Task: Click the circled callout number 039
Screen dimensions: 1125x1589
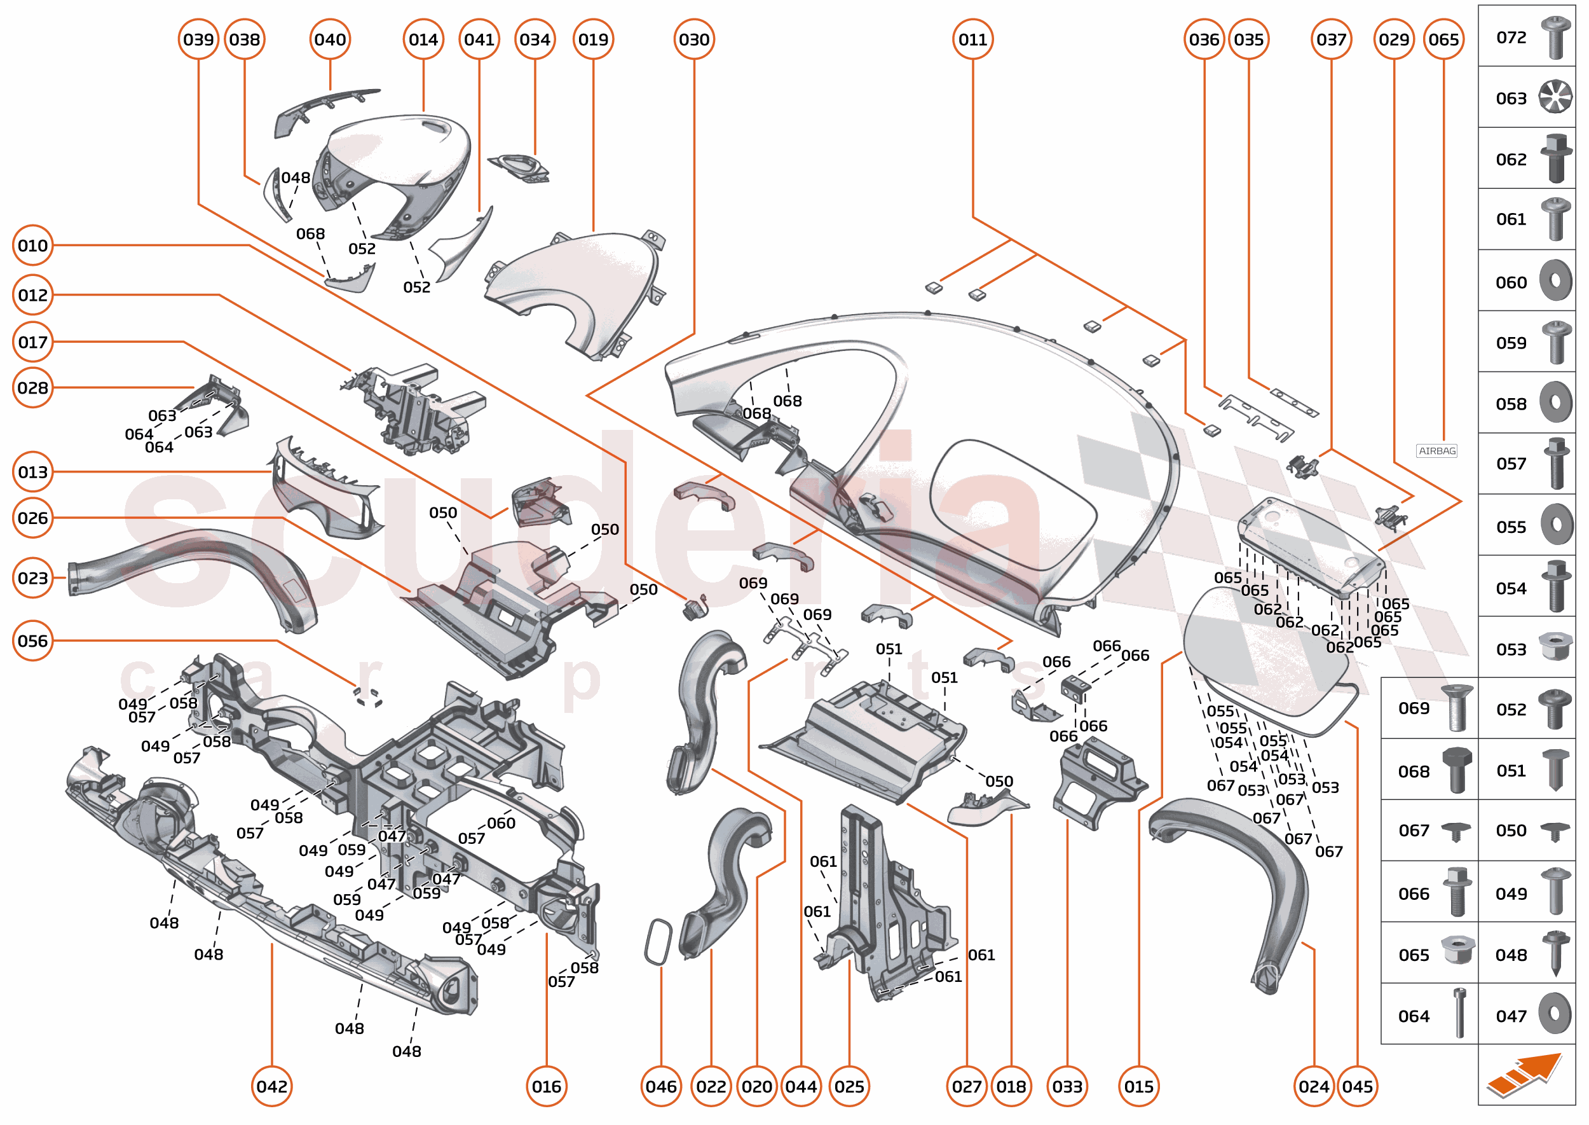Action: [199, 39]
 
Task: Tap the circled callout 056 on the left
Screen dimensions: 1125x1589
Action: [32, 641]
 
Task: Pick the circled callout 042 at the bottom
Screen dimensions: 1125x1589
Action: [271, 1086]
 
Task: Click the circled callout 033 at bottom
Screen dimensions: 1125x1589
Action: [1067, 1086]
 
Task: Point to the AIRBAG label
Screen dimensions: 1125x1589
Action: [1436, 451]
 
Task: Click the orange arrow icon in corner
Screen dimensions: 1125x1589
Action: [1525, 1075]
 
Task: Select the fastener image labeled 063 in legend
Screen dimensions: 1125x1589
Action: [1555, 96]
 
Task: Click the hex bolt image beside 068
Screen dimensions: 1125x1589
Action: [1456, 770]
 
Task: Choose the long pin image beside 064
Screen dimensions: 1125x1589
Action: [1459, 1013]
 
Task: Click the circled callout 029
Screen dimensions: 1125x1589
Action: [1393, 39]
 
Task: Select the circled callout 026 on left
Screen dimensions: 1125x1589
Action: [32, 518]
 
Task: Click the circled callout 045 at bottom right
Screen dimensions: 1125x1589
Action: [1357, 1086]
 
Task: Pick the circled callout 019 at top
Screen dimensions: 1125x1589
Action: [594, 39]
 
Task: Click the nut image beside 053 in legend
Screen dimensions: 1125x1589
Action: [1555, 647]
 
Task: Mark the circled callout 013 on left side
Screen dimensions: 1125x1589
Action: [32, 472]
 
